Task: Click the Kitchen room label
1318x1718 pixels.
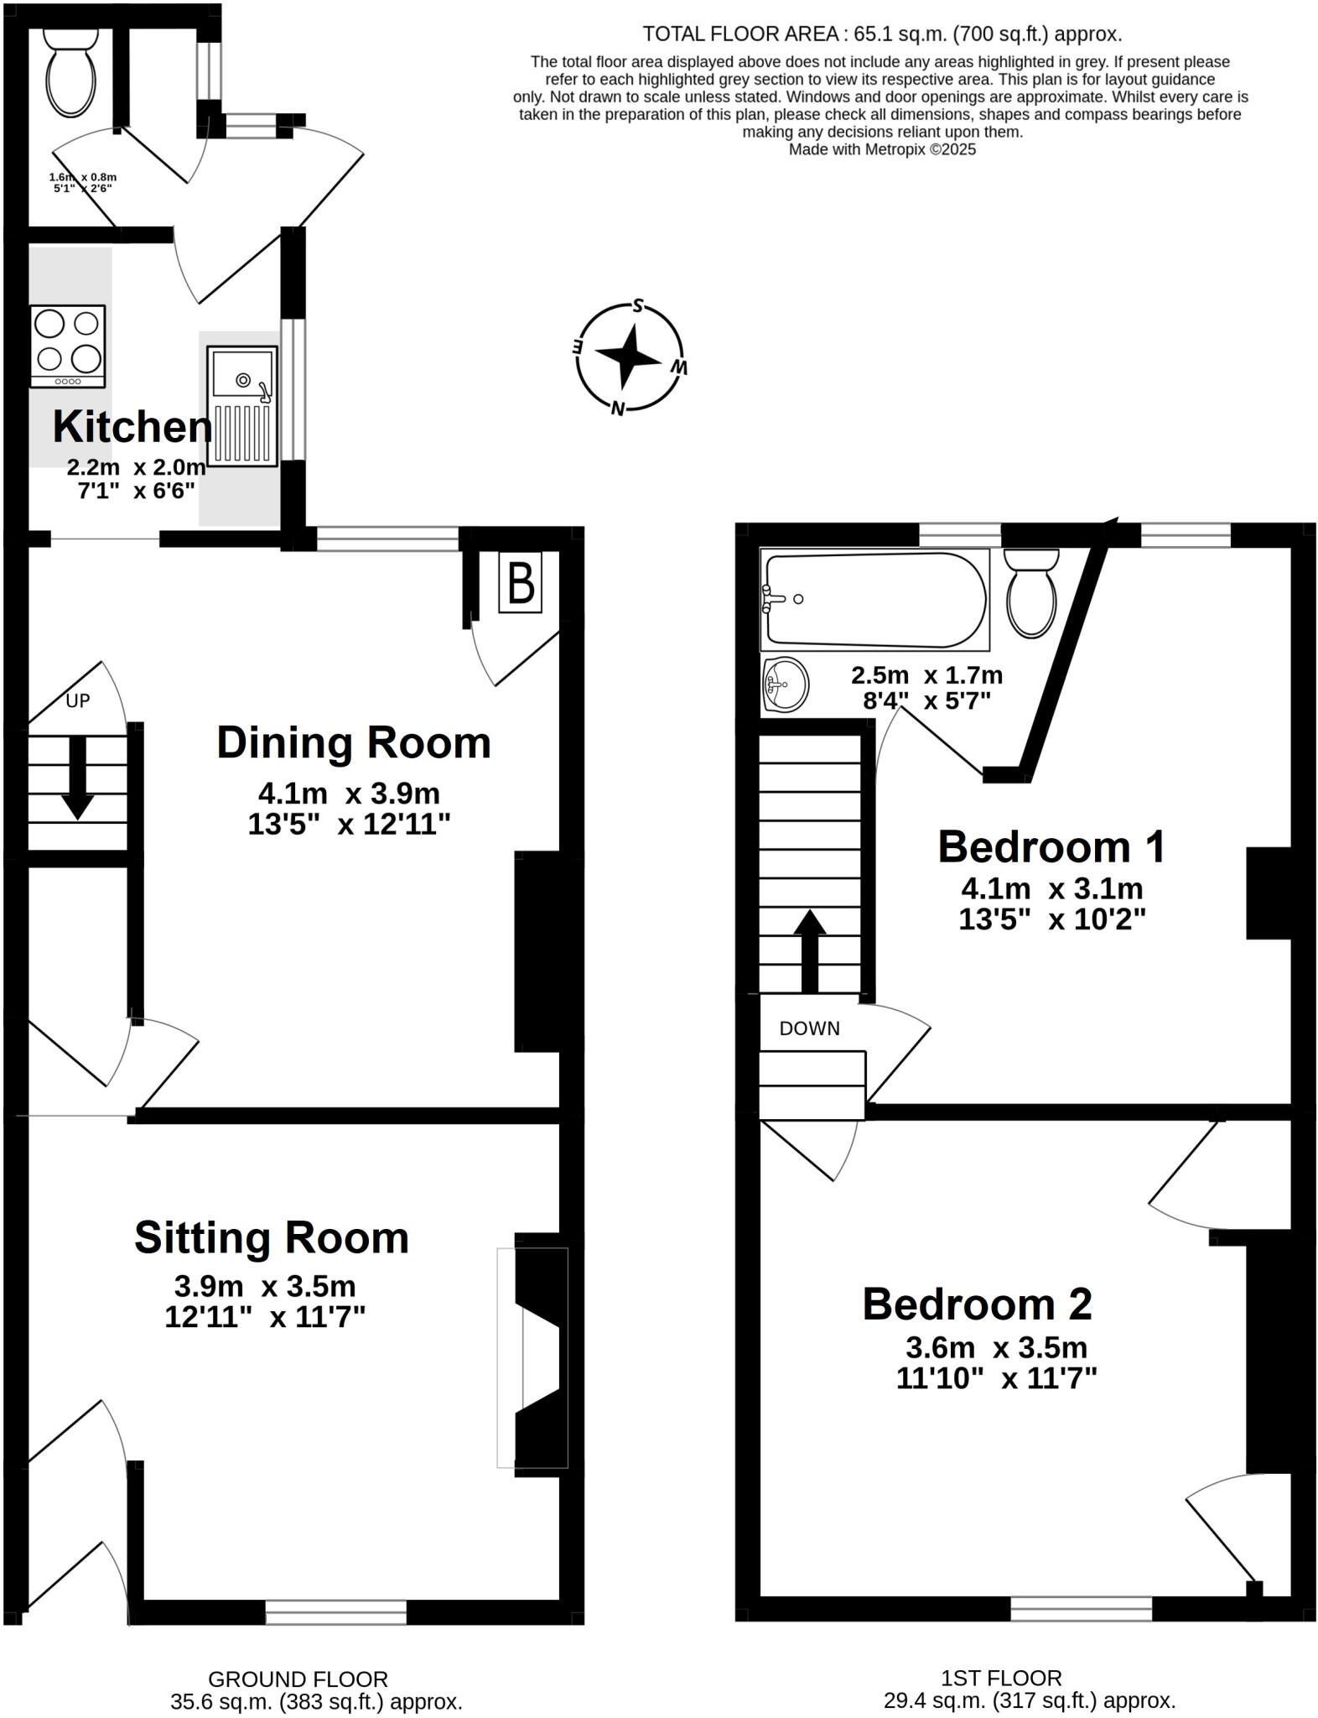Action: (x=132, y=427)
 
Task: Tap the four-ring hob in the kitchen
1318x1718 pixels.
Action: (x=68, y=346)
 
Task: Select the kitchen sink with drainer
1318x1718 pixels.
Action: (x=242, y=406)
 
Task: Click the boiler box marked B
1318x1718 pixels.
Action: (x=521, y=582)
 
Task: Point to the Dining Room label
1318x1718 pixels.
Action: (x=353, y=743)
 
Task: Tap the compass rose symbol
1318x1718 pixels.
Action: (x=630, y=358)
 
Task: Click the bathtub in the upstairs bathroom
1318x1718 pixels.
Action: (x=874, y=600)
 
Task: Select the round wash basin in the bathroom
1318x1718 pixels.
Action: (x=786, y=685)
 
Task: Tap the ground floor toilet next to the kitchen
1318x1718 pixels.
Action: (x=70, y=72)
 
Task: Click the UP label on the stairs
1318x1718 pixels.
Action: (x=78, y=700)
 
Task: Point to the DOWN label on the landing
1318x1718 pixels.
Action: (x=809, y=1028)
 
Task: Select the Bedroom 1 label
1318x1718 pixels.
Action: (x=1051, y=846)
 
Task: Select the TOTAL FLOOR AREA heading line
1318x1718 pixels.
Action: (x=881, y=34)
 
